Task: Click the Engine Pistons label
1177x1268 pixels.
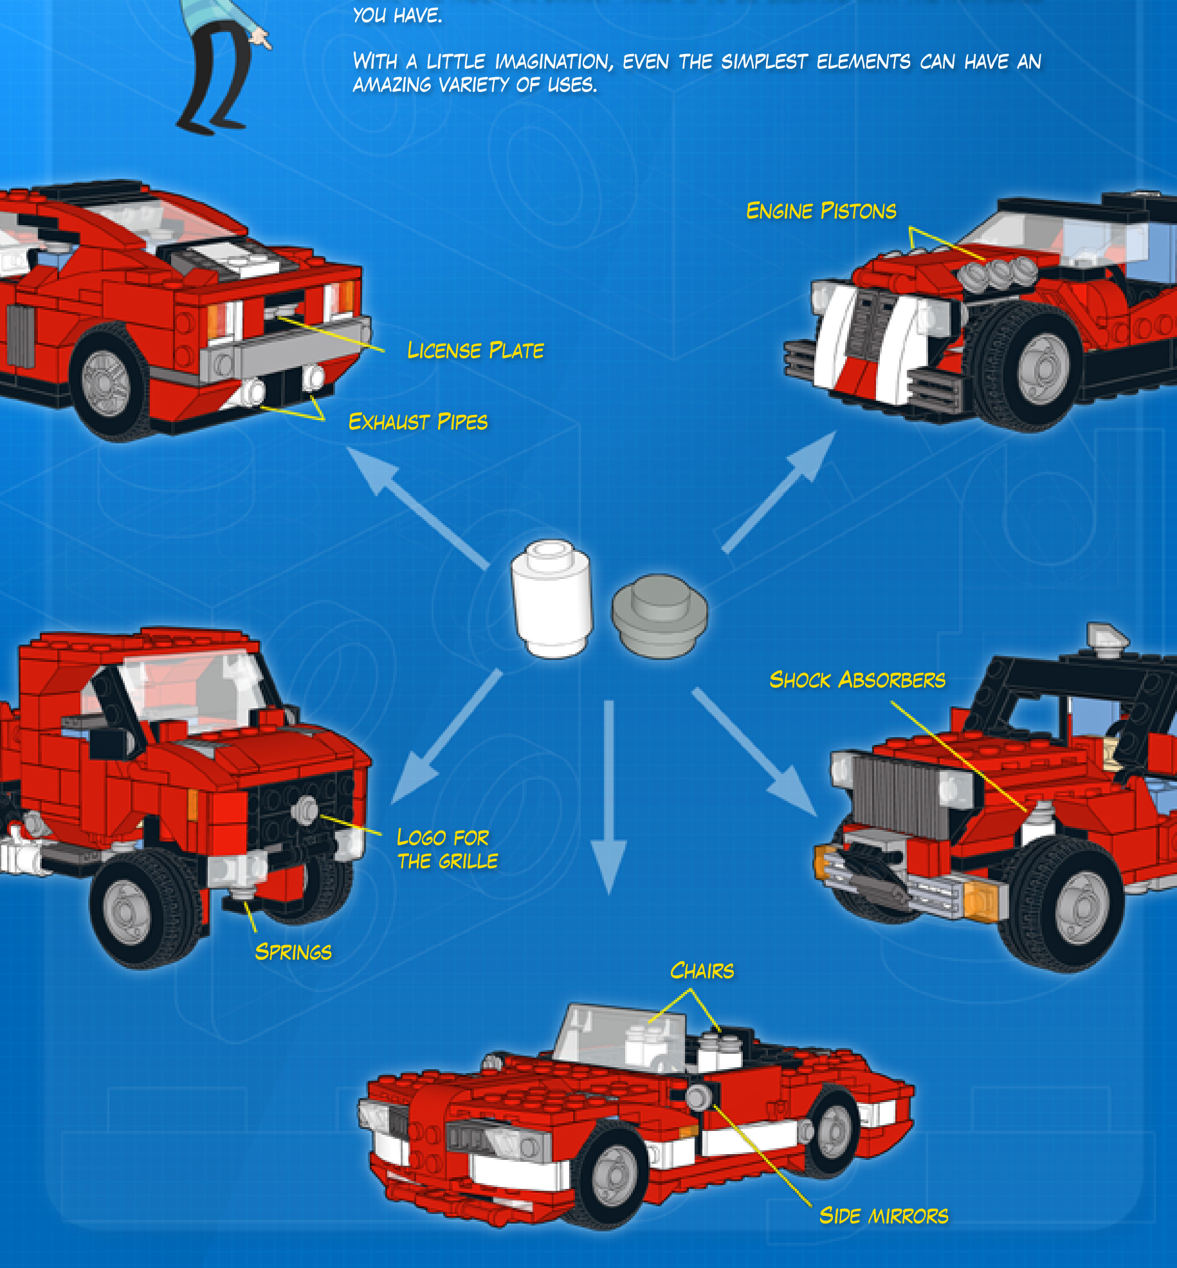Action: click(821, 211)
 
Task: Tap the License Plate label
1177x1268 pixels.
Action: click(475, 351)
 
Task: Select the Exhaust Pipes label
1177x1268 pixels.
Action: click(418, 422)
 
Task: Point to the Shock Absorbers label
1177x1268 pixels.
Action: click(857, 680)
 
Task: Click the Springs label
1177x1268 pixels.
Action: click(293, 952)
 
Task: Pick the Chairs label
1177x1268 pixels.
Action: click(702, 971)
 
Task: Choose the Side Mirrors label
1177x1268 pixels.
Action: click(884, 1216)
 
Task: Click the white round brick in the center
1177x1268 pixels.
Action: click(551, 598)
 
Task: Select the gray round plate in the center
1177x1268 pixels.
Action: click(659, 616)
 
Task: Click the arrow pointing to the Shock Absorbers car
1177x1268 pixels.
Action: click(755, 753)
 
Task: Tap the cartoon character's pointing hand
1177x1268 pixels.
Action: click(260, 38)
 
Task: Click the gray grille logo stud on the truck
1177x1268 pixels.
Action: click(305, 809)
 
